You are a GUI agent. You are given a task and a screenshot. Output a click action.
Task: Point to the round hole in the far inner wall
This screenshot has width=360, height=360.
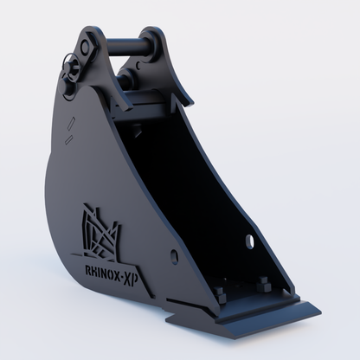point(251,239)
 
